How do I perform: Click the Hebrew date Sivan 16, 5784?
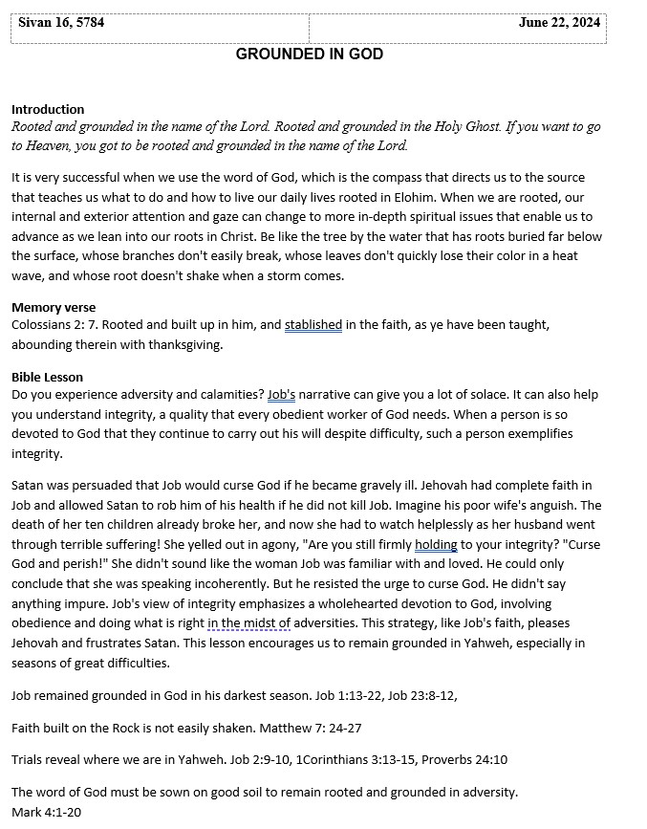[x=61, y=23]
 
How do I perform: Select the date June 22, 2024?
[x=559, y=23]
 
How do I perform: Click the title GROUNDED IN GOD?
[x=310, y=55]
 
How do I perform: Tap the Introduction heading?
[x=48, y=110]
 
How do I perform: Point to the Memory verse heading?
[x=54, y=308]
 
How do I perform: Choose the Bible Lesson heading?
[x=47, y=378]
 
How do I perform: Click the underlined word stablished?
[x=313, y=325]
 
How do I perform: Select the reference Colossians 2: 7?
[x=54, y=325]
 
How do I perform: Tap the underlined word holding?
[x=436, y=545]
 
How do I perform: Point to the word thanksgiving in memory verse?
[x=180, y=345]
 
